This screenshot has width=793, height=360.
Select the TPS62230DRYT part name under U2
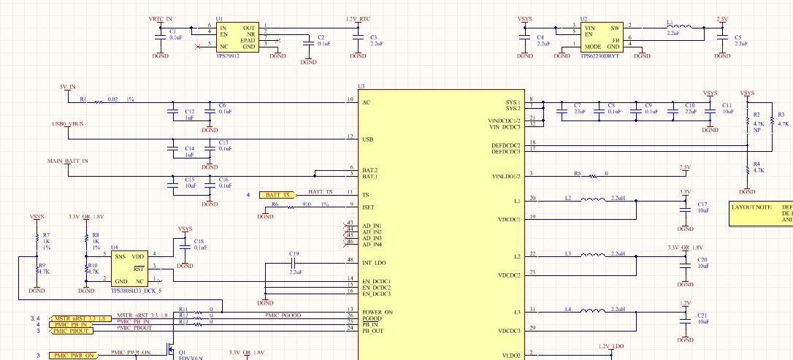[599, 55]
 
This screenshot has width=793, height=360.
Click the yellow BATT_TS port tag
[278, 195]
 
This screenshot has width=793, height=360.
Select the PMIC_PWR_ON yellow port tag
[74, 356]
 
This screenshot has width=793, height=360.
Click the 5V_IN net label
[68, 86]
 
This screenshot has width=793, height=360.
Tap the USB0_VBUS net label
[68, 123]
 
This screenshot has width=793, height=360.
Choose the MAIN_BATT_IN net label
[68, 161]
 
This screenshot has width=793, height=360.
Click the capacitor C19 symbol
[295, 261]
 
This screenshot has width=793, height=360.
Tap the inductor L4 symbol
[599, 310]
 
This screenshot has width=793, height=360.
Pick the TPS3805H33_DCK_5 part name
[135, 291]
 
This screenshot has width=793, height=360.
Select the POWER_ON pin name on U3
[378, 312]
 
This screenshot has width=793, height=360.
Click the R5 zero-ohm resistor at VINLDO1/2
[594, 175]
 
